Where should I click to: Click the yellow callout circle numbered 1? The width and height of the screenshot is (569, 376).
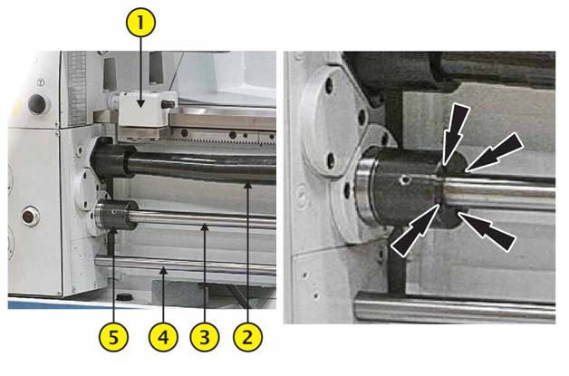tap(140, 23)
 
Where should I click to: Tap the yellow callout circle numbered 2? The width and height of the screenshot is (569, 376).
tap(247, 338)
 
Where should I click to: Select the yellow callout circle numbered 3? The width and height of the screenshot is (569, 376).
tap(205, 338)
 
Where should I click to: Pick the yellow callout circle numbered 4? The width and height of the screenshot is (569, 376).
tap(163, 338)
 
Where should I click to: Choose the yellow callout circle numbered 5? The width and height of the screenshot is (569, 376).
tap(113, 338)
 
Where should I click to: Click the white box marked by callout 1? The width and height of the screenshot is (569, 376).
tap(143, 109)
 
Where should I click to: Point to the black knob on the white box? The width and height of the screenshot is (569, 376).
tap(168, 104)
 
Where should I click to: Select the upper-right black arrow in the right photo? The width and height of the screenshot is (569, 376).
tap(494, 151)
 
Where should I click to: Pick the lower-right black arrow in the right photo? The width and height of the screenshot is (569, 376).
tap(487, 231)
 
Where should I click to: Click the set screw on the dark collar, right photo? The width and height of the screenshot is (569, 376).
tap(404, 179)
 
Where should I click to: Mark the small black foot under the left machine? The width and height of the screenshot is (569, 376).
tap(124, 296)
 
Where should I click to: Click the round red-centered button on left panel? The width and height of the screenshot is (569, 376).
tap(30, 217)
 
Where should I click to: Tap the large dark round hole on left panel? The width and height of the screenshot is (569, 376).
tap(38, 104)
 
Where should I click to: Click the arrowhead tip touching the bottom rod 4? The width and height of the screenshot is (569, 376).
tap(163, 267)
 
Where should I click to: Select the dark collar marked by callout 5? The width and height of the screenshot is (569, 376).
tap(116, 215)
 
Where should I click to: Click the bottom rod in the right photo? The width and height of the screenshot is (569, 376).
tap(455, 307)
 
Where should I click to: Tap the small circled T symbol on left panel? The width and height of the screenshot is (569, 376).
tap(41, 83)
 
